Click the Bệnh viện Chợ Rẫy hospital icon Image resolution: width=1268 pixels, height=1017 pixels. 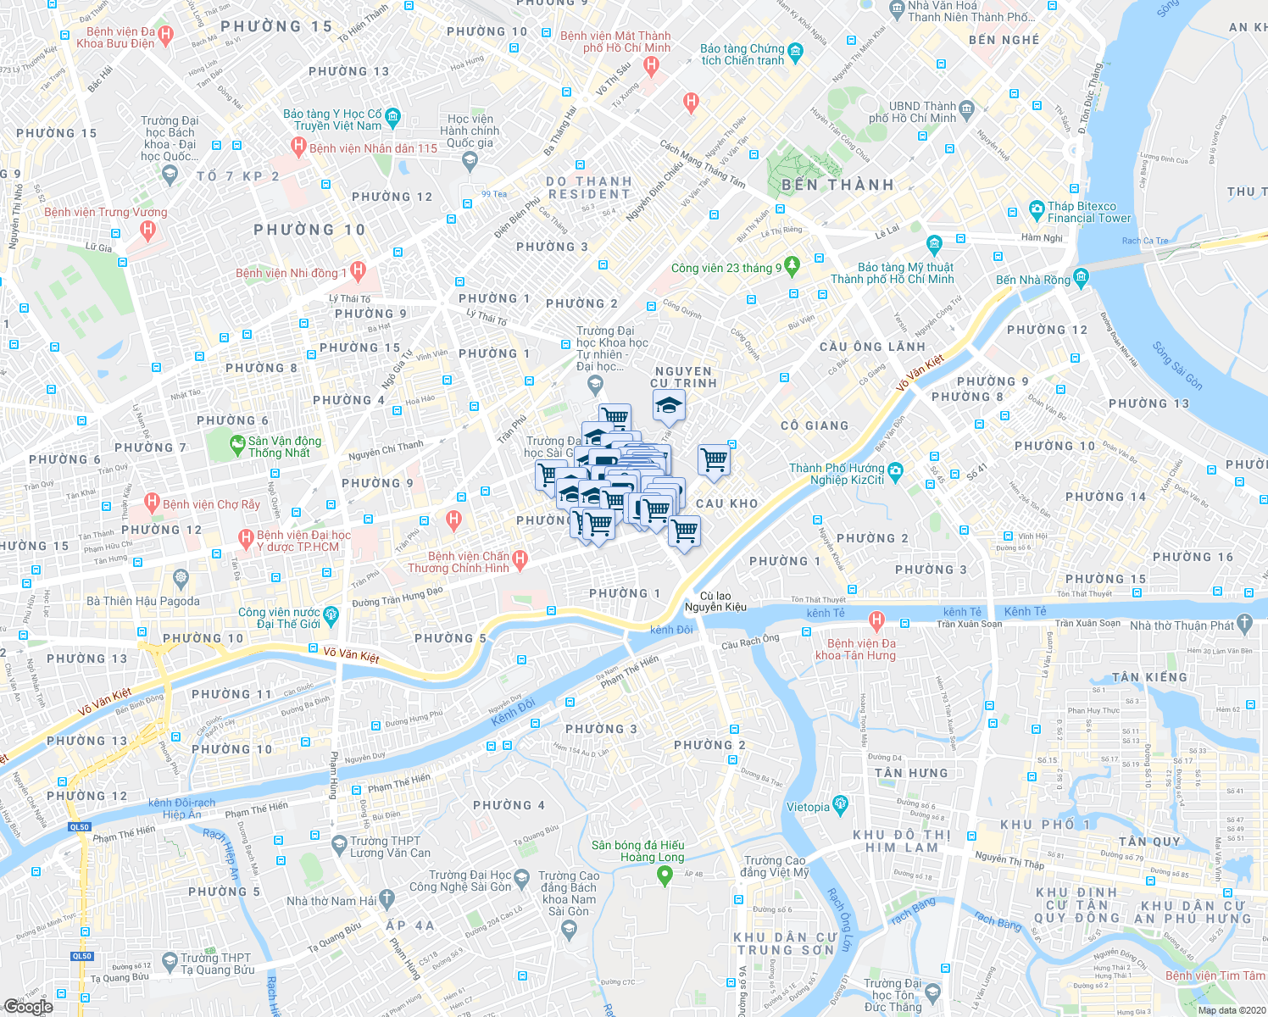(x=152, y=503)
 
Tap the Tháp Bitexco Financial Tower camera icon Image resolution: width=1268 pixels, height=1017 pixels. (x=1036, y=209)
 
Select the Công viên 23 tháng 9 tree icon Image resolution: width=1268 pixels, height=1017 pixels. (x=792, y=266)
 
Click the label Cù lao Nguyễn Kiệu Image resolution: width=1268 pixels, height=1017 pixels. (x=715, y=601)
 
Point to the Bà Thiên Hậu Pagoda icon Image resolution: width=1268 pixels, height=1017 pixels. (x=180, y=579)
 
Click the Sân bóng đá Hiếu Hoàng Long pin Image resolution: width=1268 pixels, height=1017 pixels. (x=665, y=876)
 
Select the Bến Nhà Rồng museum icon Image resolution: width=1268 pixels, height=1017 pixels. (x=1080, y=277)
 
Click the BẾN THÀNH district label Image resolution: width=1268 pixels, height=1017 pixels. (x=837, y=185)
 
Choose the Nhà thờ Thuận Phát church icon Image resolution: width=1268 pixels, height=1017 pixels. (x=1244, y=625)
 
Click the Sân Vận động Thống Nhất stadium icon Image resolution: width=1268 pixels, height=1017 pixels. (x=236, y=443)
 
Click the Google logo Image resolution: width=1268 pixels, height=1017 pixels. (x=28, y=1006)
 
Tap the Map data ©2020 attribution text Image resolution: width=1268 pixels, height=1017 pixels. (x=1229, y=1009)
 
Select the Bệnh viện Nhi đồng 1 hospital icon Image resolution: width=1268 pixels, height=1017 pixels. (x=357, y=272)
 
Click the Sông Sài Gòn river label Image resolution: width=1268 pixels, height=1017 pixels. (x=1177, y=365)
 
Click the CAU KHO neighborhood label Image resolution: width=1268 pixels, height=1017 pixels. (x=726, y=503)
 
